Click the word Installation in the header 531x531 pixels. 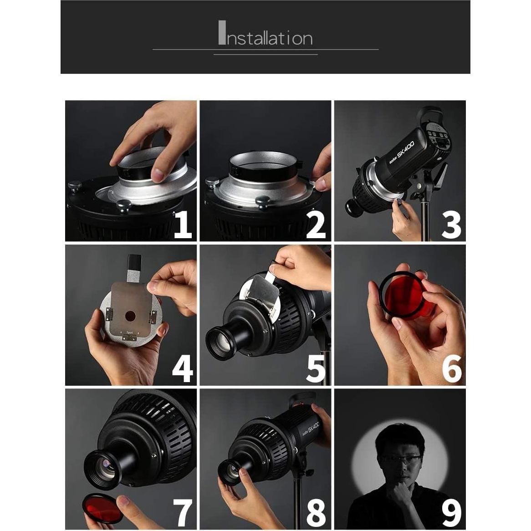pos(265,33)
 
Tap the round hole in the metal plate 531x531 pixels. pos(130,317)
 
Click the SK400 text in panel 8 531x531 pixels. pos(315,428)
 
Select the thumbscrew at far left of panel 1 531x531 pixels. pos(75,186)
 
